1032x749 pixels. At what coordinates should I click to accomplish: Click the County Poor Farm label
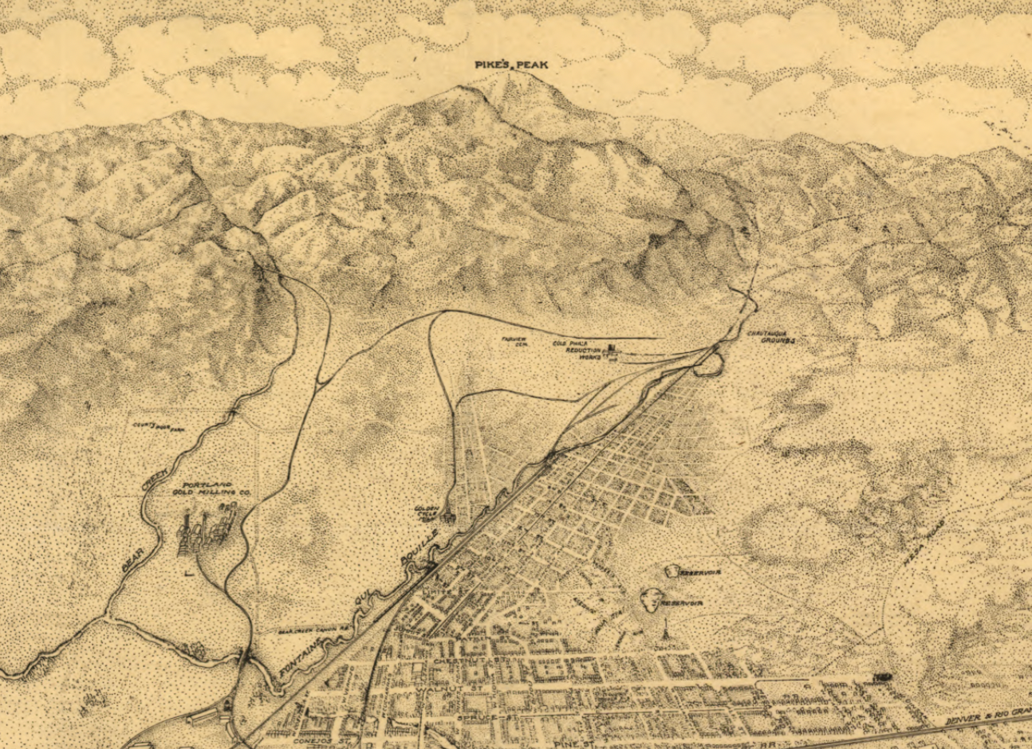[x=159, y=427]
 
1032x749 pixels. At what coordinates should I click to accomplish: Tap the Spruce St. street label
[x=479, y=719]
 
